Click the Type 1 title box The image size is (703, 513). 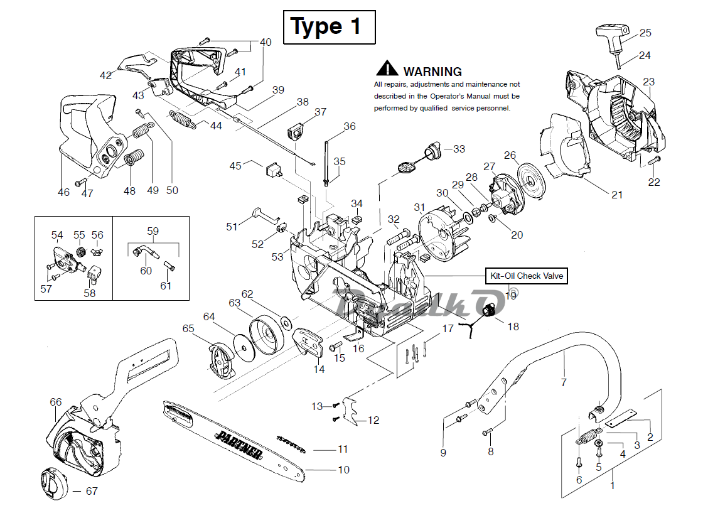[x=329, y=27]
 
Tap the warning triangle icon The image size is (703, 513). [x=387, y=69]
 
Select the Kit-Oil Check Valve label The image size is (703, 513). [x=526, y=276]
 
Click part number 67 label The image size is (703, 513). [x=92, y=491]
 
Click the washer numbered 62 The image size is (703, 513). [x=286, y=323]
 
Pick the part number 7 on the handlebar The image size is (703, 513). [x=563, y=382]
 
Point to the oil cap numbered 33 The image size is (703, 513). [x=431, y=151]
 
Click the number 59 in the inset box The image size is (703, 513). [x=153, y=230]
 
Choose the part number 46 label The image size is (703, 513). [x=63, y=192]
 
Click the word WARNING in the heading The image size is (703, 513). [x=432, y=72]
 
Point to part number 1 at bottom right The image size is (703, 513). [x=613, y=485]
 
